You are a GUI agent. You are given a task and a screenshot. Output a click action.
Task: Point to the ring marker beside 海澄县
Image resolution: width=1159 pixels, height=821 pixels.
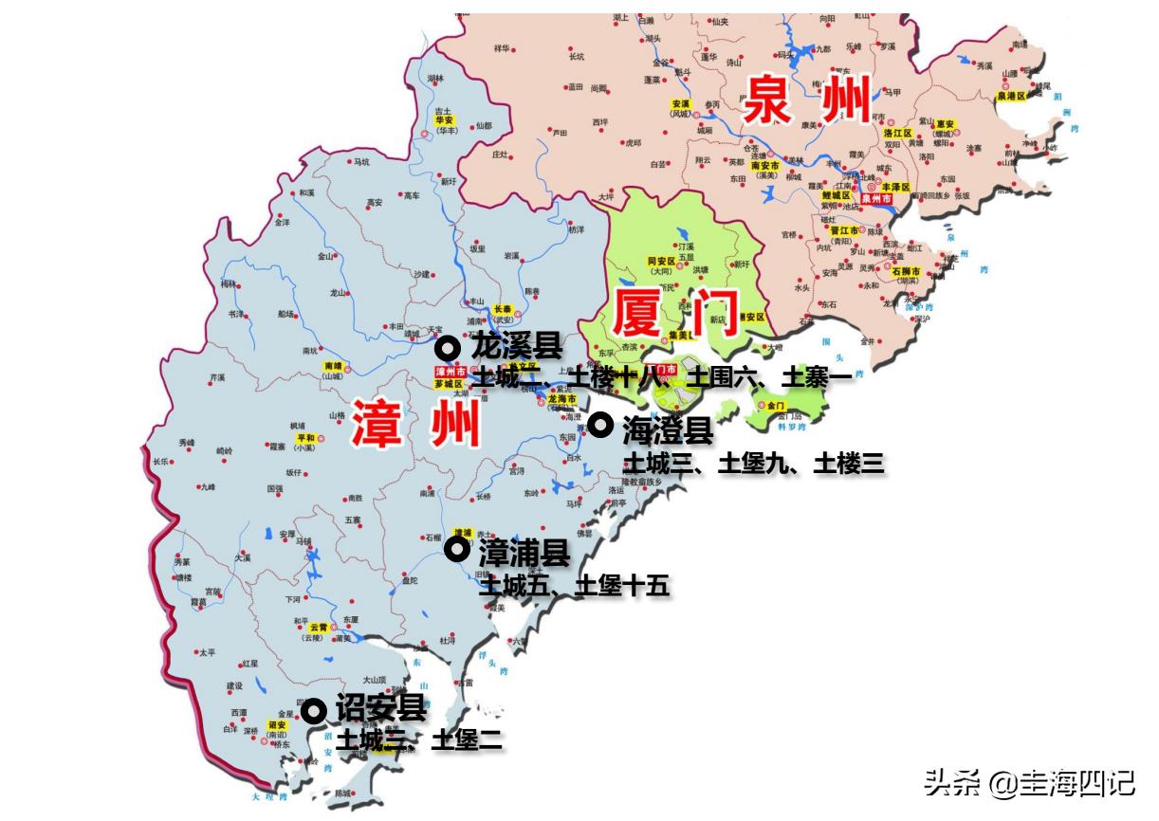[599, 425]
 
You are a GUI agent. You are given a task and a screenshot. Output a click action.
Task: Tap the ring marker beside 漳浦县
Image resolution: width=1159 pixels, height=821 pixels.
[457, 549]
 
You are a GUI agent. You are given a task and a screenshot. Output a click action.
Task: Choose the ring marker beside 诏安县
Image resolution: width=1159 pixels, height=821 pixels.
[313, 710]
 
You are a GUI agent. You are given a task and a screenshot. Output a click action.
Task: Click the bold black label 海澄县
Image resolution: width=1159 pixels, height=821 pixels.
[668, 431]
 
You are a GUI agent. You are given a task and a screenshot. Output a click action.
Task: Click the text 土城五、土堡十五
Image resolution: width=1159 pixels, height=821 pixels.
[575, 586]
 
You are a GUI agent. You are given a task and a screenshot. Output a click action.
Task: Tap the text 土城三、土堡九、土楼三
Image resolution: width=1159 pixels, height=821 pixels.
[753, 464]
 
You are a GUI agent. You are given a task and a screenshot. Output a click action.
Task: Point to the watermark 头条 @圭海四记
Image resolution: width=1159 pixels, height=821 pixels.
[1028, 783]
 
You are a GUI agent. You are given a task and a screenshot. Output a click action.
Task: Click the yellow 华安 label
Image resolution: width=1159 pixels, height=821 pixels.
[443, 120]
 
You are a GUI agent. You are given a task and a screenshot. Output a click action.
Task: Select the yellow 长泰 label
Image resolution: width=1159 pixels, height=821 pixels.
[504, 309]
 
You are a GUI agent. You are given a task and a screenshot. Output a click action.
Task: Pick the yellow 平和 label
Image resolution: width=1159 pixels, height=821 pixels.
[305, 438]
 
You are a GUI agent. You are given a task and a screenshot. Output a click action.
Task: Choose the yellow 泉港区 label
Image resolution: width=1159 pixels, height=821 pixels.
[1012, 96]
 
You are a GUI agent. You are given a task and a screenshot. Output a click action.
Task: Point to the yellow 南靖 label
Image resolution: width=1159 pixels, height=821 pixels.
[333, 366]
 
